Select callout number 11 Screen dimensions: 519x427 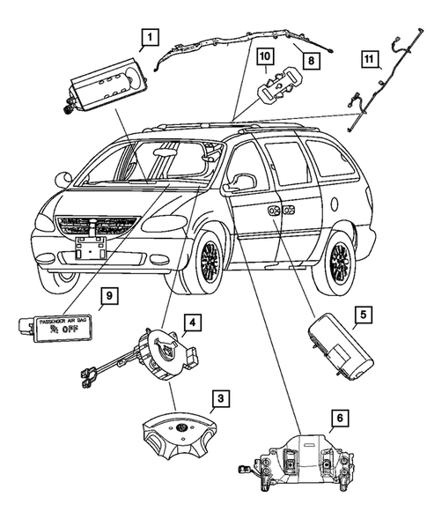(371, 60)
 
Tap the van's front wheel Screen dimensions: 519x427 (208, 262)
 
